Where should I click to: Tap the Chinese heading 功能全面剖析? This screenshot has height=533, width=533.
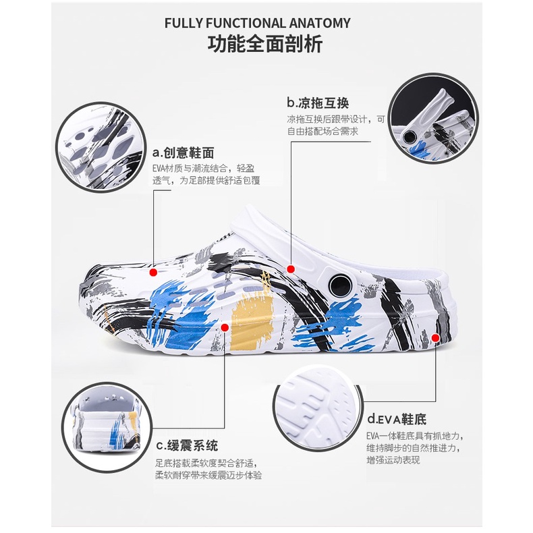coord(265,44)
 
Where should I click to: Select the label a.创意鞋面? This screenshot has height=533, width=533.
coord(184,153)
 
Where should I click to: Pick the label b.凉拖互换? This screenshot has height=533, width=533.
coord(318,103)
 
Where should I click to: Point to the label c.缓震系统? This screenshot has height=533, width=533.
coord(187,446)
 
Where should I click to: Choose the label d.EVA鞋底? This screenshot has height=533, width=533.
coord(397,419)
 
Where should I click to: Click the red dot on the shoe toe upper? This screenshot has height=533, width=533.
coord(153,272)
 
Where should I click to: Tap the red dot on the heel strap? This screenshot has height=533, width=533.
coord(291,269)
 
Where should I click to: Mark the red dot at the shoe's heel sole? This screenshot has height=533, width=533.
coord(435,337)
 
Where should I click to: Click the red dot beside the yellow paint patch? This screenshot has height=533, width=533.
coord(225,327)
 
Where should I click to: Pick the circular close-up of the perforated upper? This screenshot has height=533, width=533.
coord(101,147)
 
